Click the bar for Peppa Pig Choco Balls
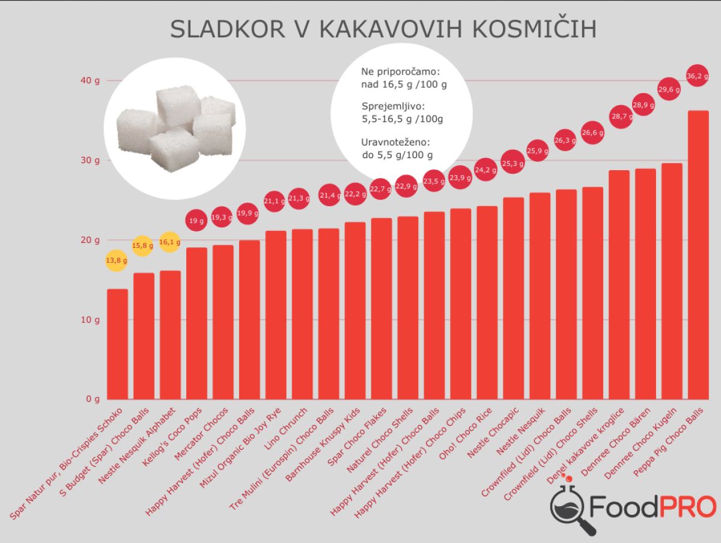coord(698,255)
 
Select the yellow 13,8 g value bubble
coord(117,260)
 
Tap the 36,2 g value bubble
coord(697,76)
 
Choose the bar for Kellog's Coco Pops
coord(196,323)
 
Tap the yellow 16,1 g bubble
coord(170,242)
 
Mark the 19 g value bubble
coord(196,221)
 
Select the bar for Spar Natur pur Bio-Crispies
coord(117,344)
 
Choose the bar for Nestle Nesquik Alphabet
coord(170,334)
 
